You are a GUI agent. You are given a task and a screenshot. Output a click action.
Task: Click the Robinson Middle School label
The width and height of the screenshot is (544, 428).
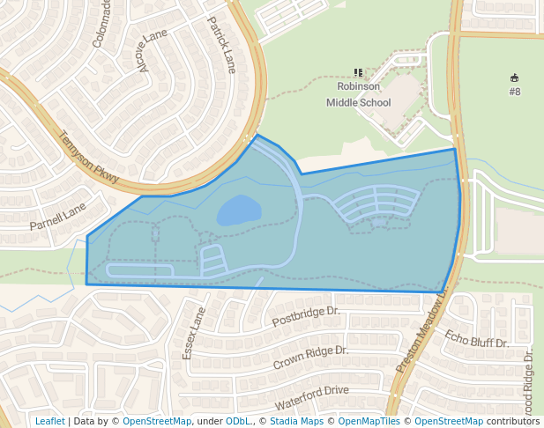pyautogui.click(x=358, y=94)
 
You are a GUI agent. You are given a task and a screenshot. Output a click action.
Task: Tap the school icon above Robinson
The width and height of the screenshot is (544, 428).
pyautogui.click(x=358, y=73)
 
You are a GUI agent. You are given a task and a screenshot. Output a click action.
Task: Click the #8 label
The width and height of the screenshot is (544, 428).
pyautogui.click(x=515, y=92)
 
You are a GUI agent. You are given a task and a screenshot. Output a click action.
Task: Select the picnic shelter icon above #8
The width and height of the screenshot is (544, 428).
pyautogui.click(x=515, y=77)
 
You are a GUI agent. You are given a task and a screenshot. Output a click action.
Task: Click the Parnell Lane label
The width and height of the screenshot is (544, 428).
pyautogui.click(x=58, y=217)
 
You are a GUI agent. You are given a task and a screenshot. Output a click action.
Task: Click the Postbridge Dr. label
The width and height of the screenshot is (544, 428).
pyautogui.click(x=306, y=318)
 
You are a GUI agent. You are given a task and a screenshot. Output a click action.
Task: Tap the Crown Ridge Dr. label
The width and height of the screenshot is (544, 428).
pyautogui.click(x=310, y=357)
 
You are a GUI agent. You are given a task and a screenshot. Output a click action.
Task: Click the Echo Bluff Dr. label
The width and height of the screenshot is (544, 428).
pyautogui.click(x=477, y=338)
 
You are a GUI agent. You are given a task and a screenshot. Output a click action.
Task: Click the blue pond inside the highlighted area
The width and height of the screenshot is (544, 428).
pyautogui.click(x=239, y=210)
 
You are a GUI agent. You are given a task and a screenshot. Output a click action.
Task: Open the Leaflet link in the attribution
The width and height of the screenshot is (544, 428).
pyautogui.click(x=50, y=421)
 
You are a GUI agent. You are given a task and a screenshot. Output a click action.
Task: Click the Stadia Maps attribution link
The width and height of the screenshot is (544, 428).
pyautogui.click(x=295, y=421)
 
